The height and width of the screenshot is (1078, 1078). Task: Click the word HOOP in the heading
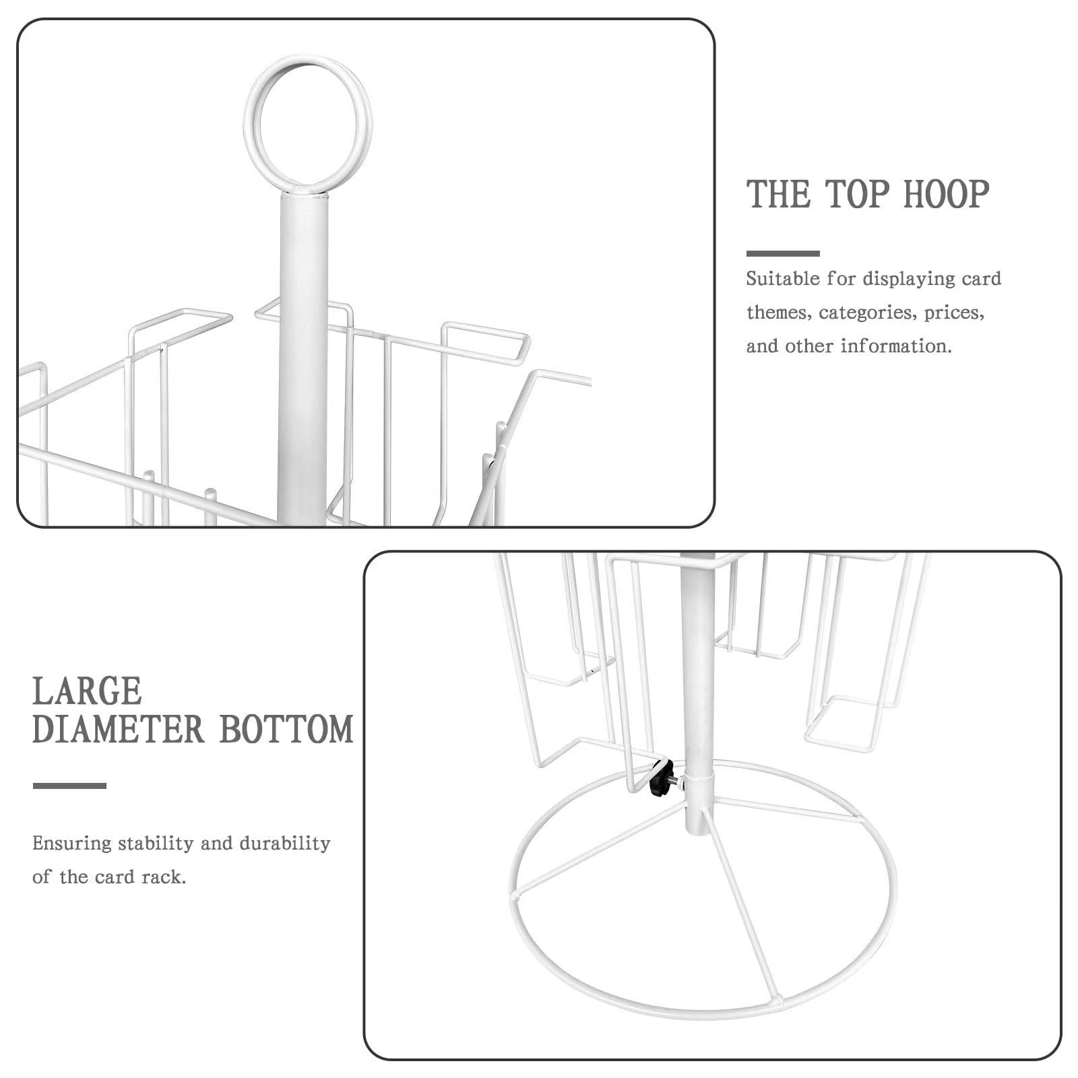946,194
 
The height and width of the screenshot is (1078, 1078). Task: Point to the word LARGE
87,691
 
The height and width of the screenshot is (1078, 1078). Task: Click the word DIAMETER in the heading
118,730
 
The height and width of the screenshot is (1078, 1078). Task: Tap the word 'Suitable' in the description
783,279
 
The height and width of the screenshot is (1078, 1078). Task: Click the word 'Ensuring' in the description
71,844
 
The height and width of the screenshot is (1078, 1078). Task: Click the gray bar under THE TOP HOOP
783,253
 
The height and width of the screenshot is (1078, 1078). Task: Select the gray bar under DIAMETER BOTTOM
69,786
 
